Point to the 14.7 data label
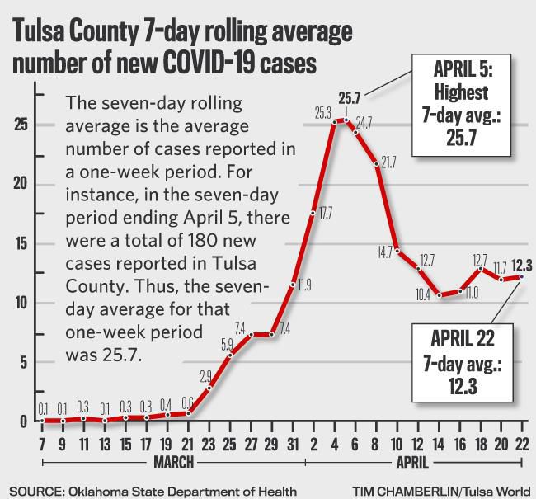click(x=384, y=253)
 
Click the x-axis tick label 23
click(x=209, y=444)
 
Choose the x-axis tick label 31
click(x=293, y=444)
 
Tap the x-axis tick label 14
click(x=440, y=444)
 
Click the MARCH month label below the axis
click(x=173, y=461)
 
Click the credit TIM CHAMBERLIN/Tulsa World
click(x=442, y=491)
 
